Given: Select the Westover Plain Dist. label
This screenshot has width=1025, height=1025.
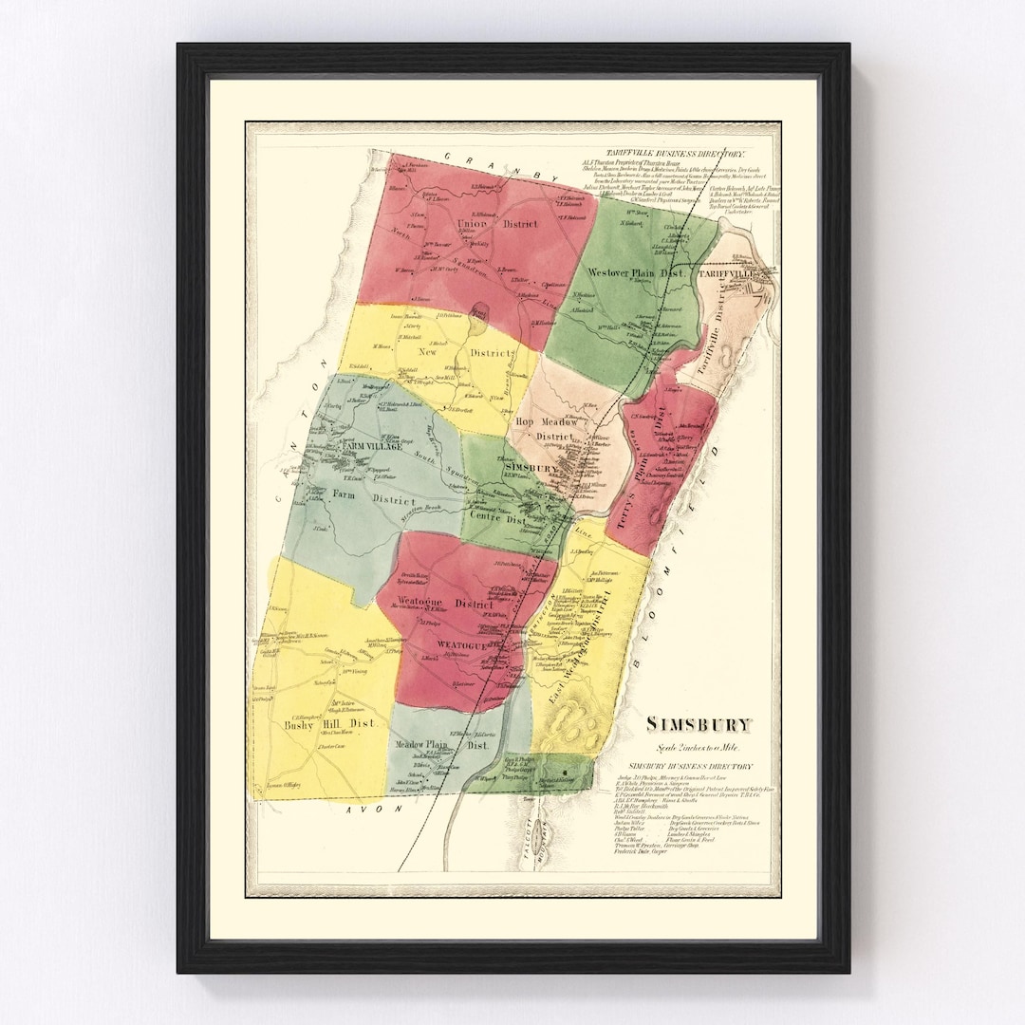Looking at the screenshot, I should pos(634,272).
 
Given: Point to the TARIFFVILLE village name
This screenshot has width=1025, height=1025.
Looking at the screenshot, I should pos(726,273).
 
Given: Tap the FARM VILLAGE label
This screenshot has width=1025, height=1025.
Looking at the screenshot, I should pos(373,446).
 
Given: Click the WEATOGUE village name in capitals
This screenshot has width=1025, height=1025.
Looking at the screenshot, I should pos(462,645).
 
